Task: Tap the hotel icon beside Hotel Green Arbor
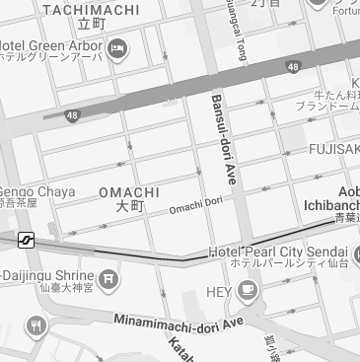[117, 48]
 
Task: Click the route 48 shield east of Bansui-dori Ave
[293, 67]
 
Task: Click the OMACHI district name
[129, 191]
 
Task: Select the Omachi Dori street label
[195, 206]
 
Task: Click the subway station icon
[26, 240]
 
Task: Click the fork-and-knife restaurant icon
[36, 326]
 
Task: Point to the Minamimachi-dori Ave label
[178, 323]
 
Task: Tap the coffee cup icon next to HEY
[246, 290]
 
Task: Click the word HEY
[218, 291]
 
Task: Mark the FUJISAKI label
[332, 148]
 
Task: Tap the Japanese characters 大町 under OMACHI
[130, 207]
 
